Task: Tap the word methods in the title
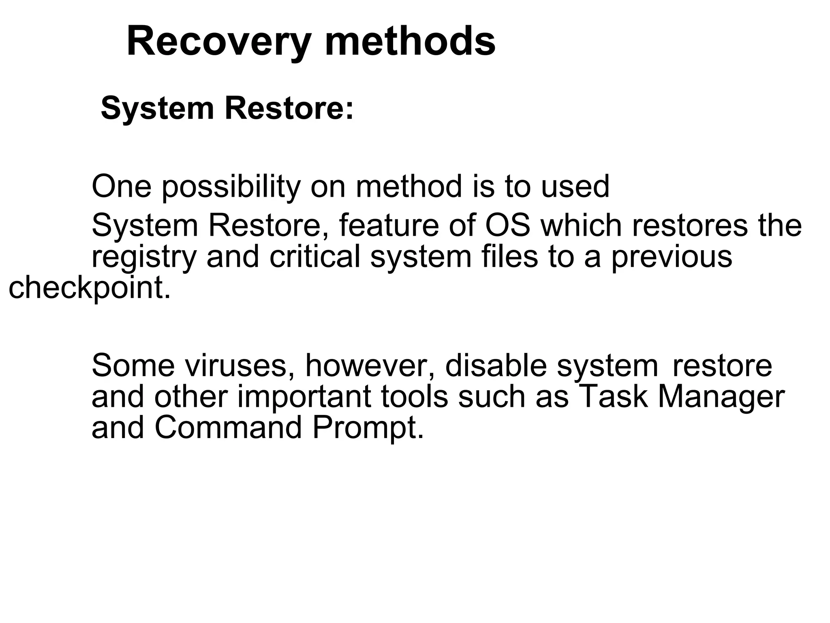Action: tap(410, 41)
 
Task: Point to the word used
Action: tap(575, 187)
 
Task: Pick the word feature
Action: tap(388, 226)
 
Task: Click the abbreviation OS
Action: tap(508, 226)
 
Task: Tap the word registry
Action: tap(144, 258)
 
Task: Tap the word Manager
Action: tap(721, 397)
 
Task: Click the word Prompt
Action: tap(368, 428)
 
